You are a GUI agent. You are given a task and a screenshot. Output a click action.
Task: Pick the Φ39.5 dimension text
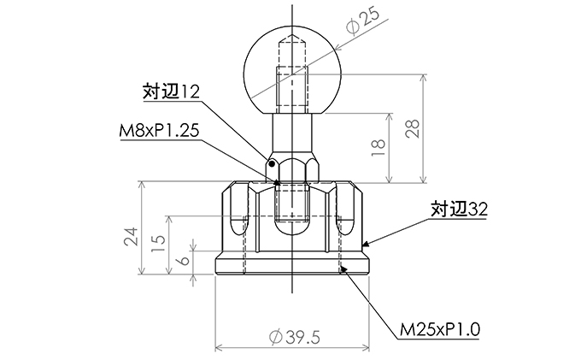[294, 338]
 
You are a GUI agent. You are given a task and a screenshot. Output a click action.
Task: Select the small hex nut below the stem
[292, 168]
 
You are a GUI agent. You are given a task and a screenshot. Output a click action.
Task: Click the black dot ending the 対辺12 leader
[271, 162]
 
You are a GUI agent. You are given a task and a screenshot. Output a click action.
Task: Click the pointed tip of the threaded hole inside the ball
[292, 38]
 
